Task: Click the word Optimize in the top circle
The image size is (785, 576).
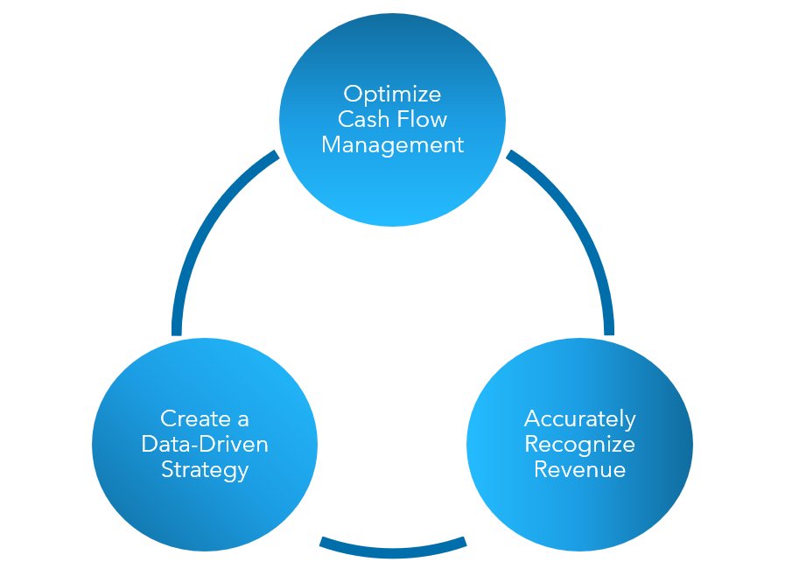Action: [392, 94]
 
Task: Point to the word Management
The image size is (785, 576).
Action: [392, 144]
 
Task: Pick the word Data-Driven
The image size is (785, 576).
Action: [205, 444]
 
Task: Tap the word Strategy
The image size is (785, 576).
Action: [205, 470]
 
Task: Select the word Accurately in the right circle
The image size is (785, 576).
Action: [579, 418]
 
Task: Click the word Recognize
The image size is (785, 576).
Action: [579, 444]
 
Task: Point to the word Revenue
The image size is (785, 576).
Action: [579, 469]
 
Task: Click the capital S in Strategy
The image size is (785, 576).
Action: [167, 470]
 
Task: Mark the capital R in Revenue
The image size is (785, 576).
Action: [541, 469]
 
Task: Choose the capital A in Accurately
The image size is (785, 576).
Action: [531, 418]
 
